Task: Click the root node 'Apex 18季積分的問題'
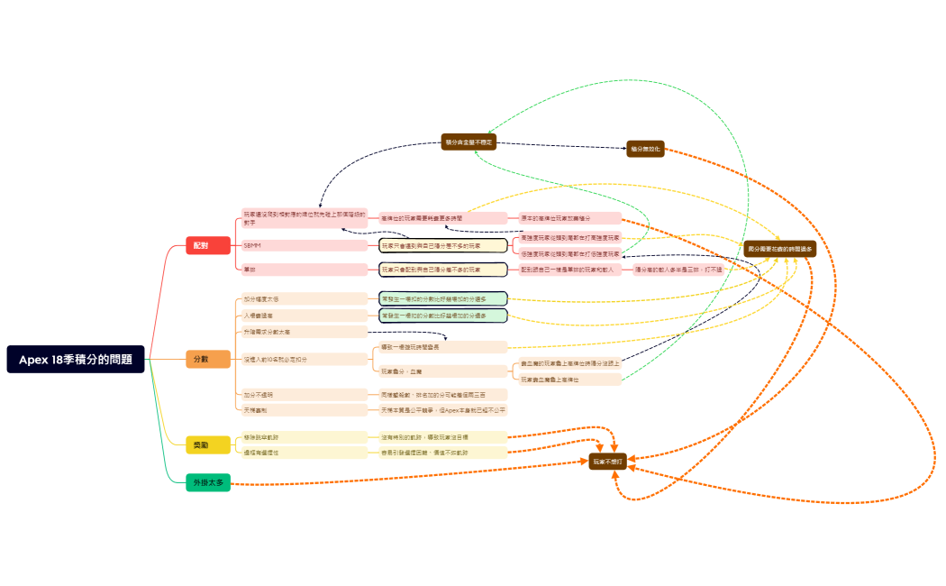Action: [x=76, y=359]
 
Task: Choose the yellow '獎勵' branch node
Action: [x=201, y=445]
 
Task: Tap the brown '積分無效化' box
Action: [x=645, y=149]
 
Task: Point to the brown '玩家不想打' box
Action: [x=607, y=461]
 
